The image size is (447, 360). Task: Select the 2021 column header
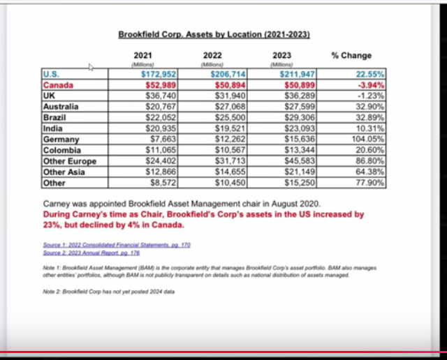pyautogui.click(x=142, y=55)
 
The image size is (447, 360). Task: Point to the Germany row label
pyautogui.click(x=61, y=140)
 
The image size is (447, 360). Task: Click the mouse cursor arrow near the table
pyautogui.click(x=91, y=68)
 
